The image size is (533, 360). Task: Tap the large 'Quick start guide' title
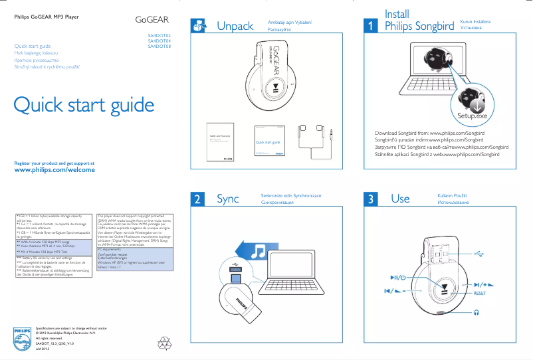[84, 105]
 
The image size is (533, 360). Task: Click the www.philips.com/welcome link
[54, 170]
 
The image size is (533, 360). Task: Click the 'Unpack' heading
[235, 26]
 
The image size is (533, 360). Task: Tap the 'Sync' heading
[227, 199]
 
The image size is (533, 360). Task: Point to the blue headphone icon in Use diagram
[477, 312]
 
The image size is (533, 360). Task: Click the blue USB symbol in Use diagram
[480, 253]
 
